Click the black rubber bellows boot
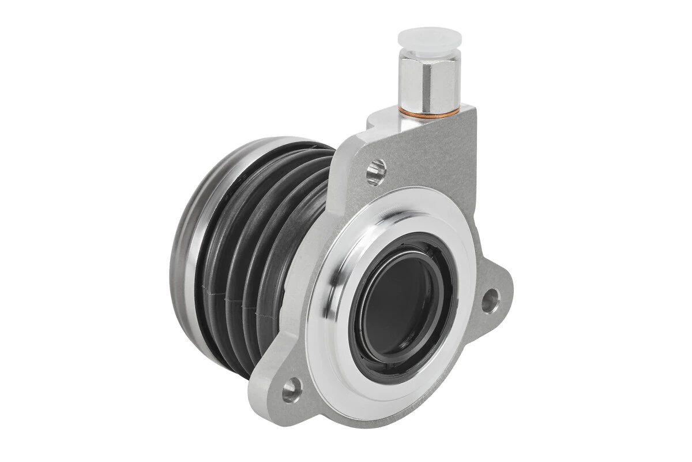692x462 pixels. (254, 243)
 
